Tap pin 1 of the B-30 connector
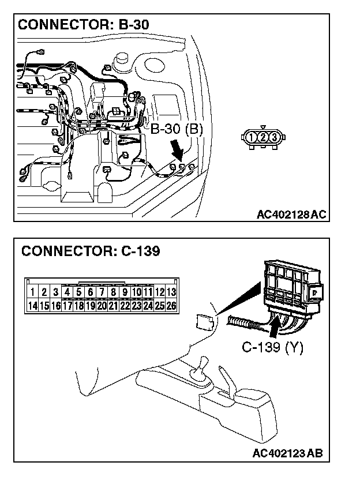[x=252, y=137]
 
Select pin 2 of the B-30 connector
[x=262, y=137]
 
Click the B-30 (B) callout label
[x=177, y=130]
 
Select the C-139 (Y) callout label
[x=272, y=347]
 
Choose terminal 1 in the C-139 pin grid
[x=33, y=292]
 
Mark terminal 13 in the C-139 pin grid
[x=171, y=292]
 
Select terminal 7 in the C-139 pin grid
[x=102, y=292]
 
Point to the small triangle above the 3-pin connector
[x=262, y=127]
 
